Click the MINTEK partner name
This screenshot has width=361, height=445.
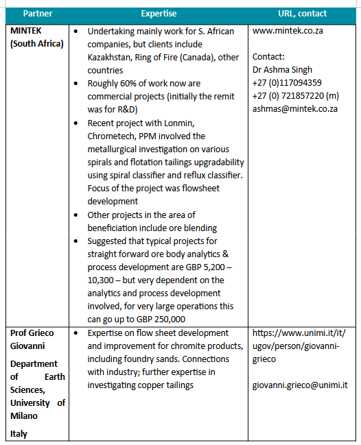click(28, 31)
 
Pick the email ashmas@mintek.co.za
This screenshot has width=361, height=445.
click(295, 109)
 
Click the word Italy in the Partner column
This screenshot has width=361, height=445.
click(19, 433)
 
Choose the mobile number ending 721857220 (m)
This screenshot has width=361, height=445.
click(305, 96)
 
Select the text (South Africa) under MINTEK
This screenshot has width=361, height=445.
click(36, 44)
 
